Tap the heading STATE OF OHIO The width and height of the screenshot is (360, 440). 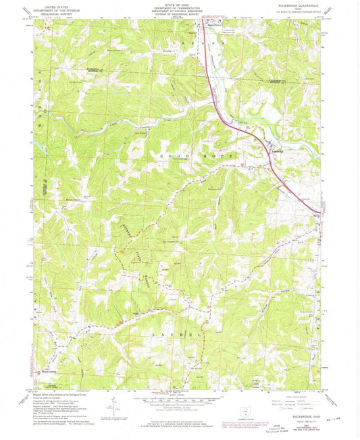[x=180, y=6]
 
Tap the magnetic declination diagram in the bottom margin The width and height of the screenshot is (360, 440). [x=119, y=405]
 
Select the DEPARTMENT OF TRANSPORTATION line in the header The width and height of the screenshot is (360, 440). [x=180, y=10]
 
